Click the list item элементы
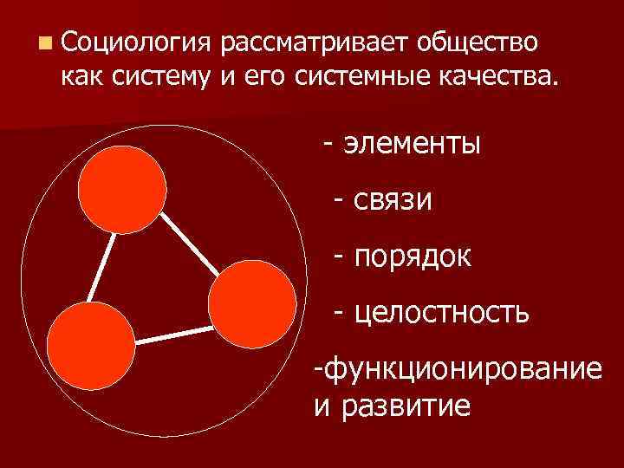coord(412,142)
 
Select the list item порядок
coord(413,256)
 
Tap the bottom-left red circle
coord(90,349)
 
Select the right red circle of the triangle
coord(252,303)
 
